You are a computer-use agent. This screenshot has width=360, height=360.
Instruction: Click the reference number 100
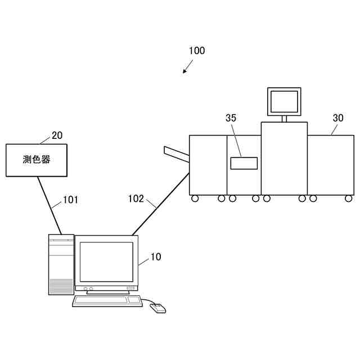[197, 51]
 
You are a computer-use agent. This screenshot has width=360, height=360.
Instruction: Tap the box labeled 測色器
[37, 160]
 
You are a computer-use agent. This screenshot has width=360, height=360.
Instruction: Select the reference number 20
[57, 135]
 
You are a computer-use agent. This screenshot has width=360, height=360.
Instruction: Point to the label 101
[70, 199]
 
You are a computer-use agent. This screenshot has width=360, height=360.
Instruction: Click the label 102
[136, 198]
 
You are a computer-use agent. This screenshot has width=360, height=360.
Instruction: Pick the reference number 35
[231, 118]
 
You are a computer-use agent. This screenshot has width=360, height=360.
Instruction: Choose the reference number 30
[338, 118]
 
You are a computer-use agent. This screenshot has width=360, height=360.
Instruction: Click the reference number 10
[156, 257]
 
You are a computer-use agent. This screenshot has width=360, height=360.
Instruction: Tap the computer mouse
[158, 308]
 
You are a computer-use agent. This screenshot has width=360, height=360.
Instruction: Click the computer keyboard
[107, 300]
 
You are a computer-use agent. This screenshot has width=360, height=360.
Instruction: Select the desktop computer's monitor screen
[106, 262]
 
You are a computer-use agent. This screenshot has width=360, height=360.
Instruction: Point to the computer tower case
[61, 265]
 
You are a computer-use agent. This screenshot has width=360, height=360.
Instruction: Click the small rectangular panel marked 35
[244, 163]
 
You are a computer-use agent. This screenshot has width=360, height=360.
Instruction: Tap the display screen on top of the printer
[284, 102]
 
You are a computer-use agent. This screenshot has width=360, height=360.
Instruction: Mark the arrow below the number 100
[187, 67]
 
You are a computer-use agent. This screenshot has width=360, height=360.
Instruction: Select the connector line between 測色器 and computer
[49, 205]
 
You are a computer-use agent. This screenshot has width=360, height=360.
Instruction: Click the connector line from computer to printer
[160, 205]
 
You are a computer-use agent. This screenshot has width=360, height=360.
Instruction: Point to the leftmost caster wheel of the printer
[195, 198]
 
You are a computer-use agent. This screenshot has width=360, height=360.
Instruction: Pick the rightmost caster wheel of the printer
[349, 198]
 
